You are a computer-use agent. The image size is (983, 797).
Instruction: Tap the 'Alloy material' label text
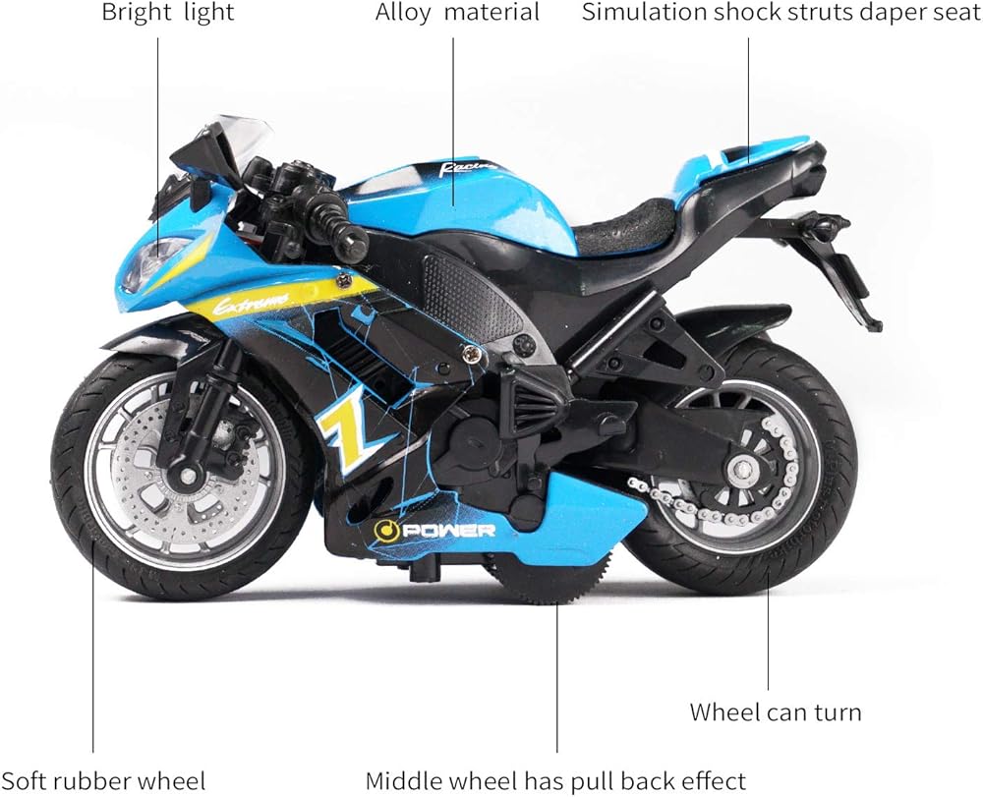pyautogui.click(x=457, y=14)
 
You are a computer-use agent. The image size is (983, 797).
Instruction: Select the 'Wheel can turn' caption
pyautogui.click(x=775, y=712)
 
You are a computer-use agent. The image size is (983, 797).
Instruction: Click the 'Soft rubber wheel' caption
pyautogui.click(x=103, y=781)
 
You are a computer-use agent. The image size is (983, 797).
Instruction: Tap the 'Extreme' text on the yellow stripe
pyautogui.click(x=252, y=300)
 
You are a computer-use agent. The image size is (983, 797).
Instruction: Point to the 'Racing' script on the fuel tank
pyautogui.click(x=463, y=168)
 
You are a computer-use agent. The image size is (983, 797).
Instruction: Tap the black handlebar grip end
pyautogui.click(x=349, y=239)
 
